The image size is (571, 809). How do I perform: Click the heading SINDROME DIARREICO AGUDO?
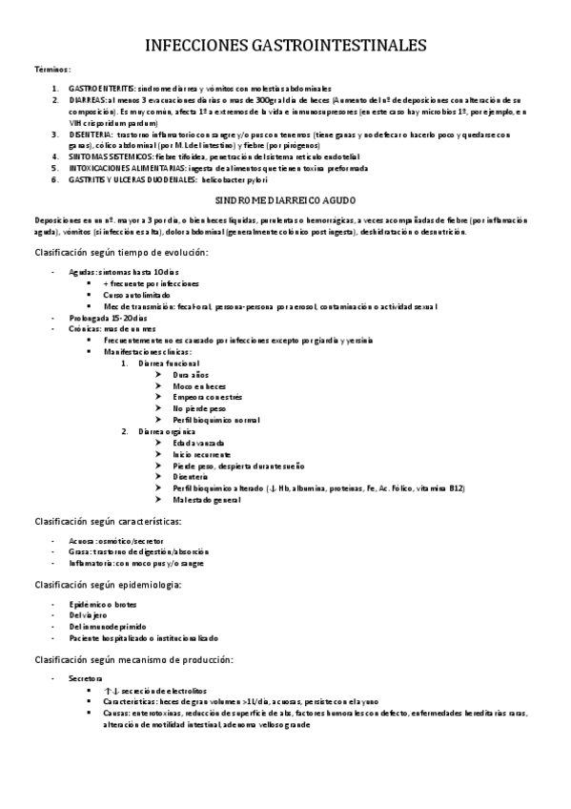[285, 202]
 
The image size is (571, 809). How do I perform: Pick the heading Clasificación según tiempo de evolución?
[121, 252]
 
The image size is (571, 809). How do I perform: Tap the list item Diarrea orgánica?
[170, 431]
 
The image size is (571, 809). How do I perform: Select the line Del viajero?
[89, 614]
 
